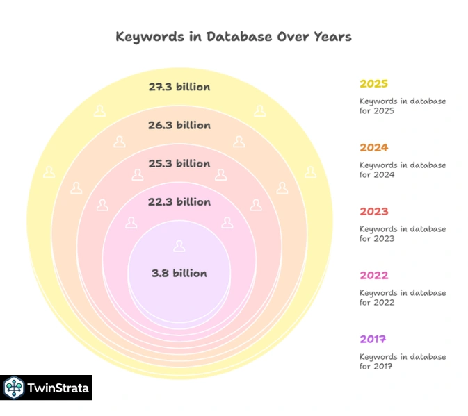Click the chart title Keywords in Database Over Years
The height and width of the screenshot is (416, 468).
coord(234,37)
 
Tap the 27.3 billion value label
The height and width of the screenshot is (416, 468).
coord(179,87)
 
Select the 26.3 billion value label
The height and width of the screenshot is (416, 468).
coord(179,125)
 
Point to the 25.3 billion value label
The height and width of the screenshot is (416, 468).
coord(179,163)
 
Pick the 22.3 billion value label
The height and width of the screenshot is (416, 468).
coord(179,201)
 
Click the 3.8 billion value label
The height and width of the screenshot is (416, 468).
coord(179,273)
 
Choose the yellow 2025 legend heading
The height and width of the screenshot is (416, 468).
coord(373,84)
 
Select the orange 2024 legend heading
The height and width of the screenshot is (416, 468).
coord(373,148)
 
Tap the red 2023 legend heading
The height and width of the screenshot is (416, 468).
coord(373,212)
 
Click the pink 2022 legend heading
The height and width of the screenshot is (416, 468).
coord(373,276)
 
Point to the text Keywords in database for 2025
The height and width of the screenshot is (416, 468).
coord(402,106)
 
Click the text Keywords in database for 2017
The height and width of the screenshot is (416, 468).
coord(402,362)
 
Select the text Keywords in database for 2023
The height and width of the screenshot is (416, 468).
coord(402,234)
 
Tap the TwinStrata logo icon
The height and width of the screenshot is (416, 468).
coord(14,388)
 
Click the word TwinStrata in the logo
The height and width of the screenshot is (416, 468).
coord(58,388)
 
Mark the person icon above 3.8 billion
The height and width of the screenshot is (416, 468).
coord(179,246)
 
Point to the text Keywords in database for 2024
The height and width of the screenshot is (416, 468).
coord(402,170)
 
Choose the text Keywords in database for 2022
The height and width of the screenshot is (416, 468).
coord(402,298)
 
